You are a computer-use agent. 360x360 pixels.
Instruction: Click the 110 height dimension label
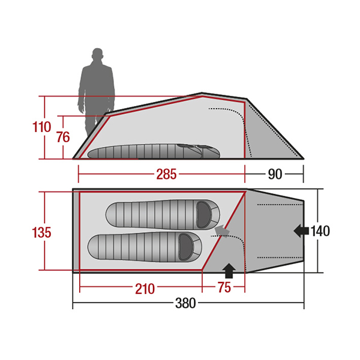pyautogui.click(x=41, y=127)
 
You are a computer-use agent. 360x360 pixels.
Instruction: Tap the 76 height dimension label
pyautogui.click(x=63, y=137)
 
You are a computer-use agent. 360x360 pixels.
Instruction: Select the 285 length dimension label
pyautogui.click(x=166, y=174)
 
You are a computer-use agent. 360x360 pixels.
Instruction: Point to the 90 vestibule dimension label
pyautogui.click(x=275, y=174)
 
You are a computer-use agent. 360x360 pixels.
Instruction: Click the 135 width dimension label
pyautogui.click(x=41, y=232)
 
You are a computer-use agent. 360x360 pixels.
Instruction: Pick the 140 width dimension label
pyautogui.click(x=320, y=231)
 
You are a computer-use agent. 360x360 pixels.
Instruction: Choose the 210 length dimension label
pyautogui.click(x=145, y=289)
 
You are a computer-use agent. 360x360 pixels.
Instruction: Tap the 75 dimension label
pyautogui.click(x=224, y=287)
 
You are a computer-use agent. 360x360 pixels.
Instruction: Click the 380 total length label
pyautogui.click(x=185, y=303)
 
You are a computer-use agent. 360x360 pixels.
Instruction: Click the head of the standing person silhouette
pyautogui.click(x=97, y=54)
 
